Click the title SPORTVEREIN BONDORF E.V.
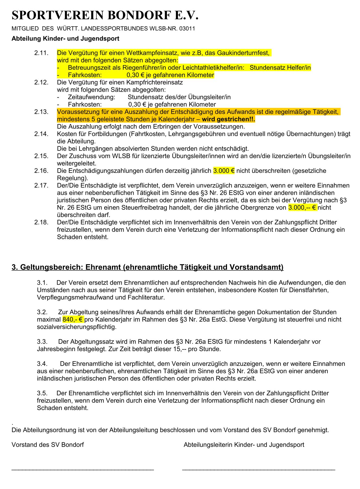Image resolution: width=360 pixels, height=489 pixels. (105, 15)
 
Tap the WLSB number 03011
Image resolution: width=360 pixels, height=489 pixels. (187, 29)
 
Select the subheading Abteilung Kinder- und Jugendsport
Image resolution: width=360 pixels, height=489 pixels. (65, 39)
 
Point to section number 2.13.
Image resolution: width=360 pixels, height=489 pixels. (41, 112)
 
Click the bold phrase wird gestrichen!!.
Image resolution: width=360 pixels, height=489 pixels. (228, 119)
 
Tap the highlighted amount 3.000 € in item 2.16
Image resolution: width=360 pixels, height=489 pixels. (224, 171)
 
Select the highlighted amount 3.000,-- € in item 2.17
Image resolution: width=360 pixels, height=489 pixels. (302, 208)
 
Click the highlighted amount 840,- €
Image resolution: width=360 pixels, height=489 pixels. (73, 320)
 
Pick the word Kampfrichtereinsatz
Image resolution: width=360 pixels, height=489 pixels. (154, 82)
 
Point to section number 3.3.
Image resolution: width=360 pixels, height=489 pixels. (42, 342)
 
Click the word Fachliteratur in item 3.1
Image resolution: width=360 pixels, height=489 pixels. (146, 297)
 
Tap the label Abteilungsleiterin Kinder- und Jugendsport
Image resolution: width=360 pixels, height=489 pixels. (244, 445)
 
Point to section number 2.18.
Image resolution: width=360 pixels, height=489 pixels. (41, 223)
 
